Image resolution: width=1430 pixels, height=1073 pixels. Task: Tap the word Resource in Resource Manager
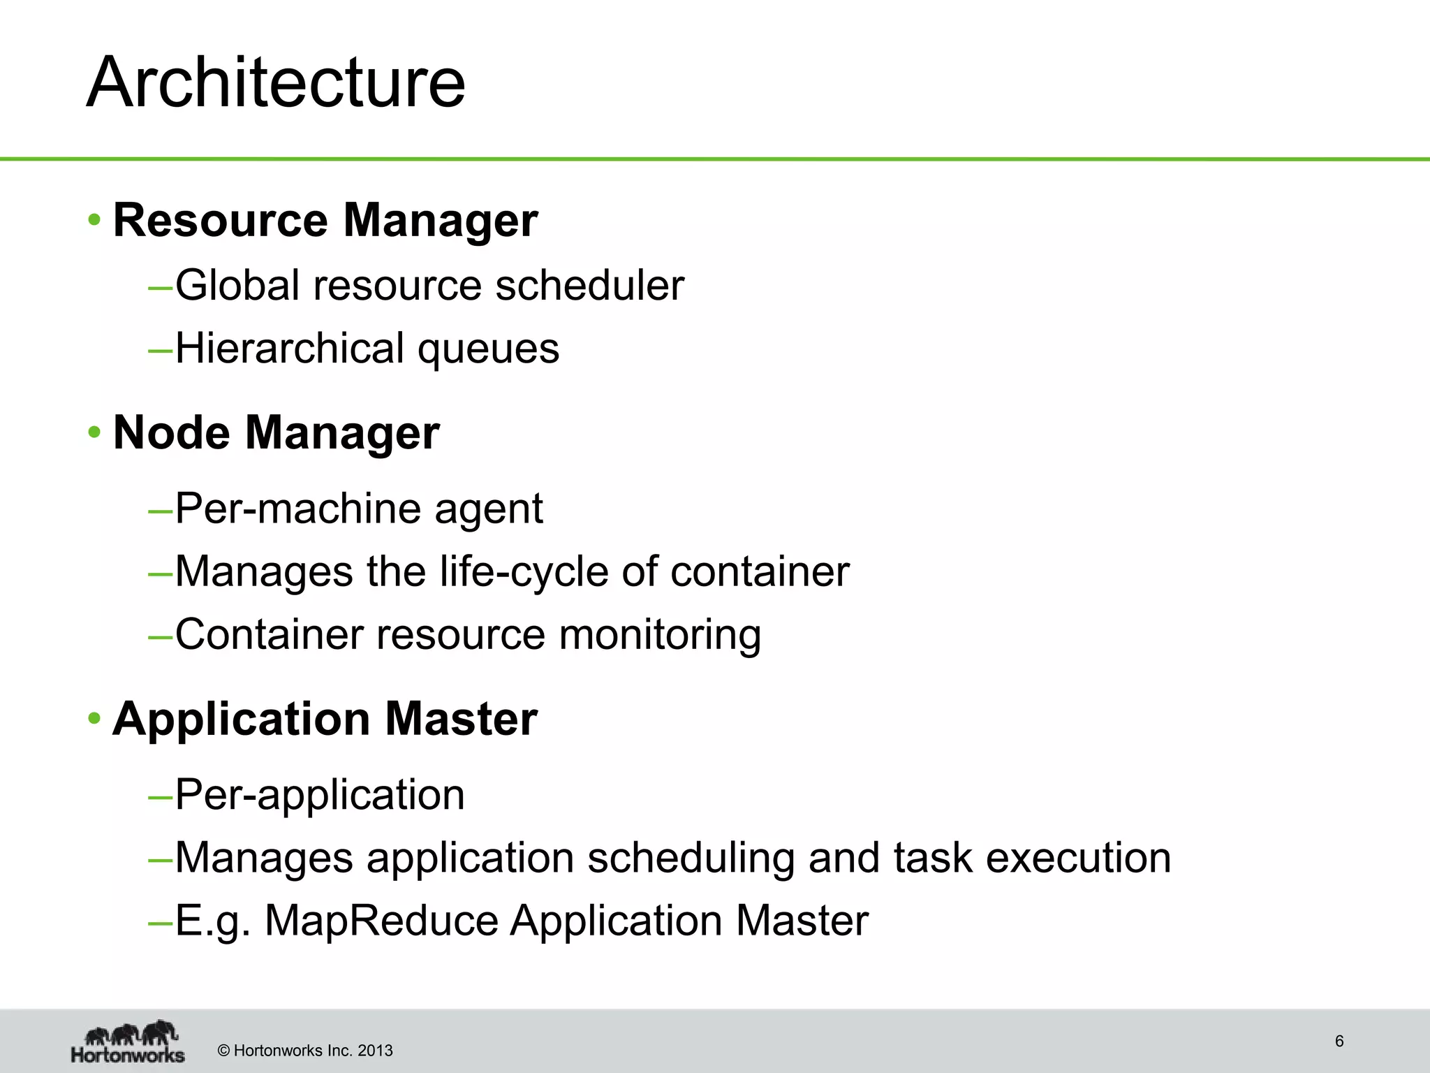(x=220, y=220)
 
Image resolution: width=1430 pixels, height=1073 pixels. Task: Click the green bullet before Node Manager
(x=94, y=433)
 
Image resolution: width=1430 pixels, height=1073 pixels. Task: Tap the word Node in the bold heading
(x=171, y=433)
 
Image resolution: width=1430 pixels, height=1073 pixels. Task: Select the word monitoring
(x=660, y=636)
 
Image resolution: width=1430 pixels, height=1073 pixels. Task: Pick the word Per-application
(x=320, y=795)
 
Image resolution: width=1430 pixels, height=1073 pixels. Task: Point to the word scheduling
(x=690, y=859)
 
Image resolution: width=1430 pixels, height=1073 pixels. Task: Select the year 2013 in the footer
(x=375, y=1051)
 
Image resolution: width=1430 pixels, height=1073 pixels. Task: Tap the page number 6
(x=1339, y=1041)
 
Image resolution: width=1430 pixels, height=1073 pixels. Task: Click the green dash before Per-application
(x=160, y=796)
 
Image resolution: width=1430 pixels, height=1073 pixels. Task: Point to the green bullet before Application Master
(x=94, y=720)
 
